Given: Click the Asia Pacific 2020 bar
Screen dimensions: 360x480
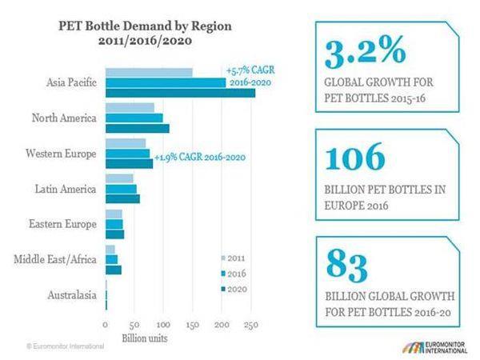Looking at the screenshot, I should click(180, 94).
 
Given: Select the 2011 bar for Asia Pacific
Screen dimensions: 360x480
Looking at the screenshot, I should click(149, 73).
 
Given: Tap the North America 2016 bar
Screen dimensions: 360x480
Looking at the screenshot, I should click(134, 118).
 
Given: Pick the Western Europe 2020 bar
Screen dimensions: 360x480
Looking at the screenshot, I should click(129, 164).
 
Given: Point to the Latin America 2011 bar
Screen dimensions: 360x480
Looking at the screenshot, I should click(119, 178).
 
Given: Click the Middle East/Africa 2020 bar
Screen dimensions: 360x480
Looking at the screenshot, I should click(113, 270).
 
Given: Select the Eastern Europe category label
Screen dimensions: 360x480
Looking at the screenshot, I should click(64, 225).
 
